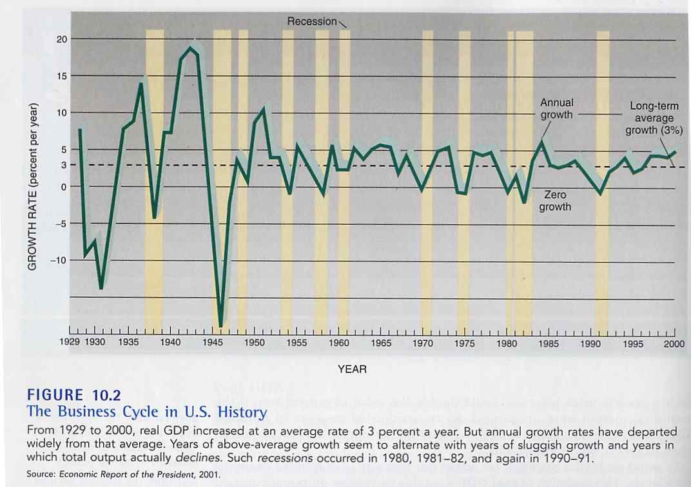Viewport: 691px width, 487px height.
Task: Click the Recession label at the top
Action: (312, 21)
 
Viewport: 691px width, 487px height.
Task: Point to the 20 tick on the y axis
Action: (61, 39)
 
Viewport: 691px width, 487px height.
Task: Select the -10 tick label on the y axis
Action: (59, 260)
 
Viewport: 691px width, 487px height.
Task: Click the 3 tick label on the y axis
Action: (63, 165)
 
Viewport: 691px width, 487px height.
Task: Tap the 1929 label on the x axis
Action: (70, 343)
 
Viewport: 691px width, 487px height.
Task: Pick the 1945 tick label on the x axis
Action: (213, 343)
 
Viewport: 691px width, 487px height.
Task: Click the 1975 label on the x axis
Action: (465, 343)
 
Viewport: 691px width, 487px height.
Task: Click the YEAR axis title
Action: (352, 369)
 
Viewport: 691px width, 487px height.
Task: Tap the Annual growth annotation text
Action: (556, 109)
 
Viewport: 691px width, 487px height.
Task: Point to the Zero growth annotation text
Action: (555, 200)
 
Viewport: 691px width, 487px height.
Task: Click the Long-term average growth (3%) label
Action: (654, 119)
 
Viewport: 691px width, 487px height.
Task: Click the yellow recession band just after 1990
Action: (603, 180)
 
